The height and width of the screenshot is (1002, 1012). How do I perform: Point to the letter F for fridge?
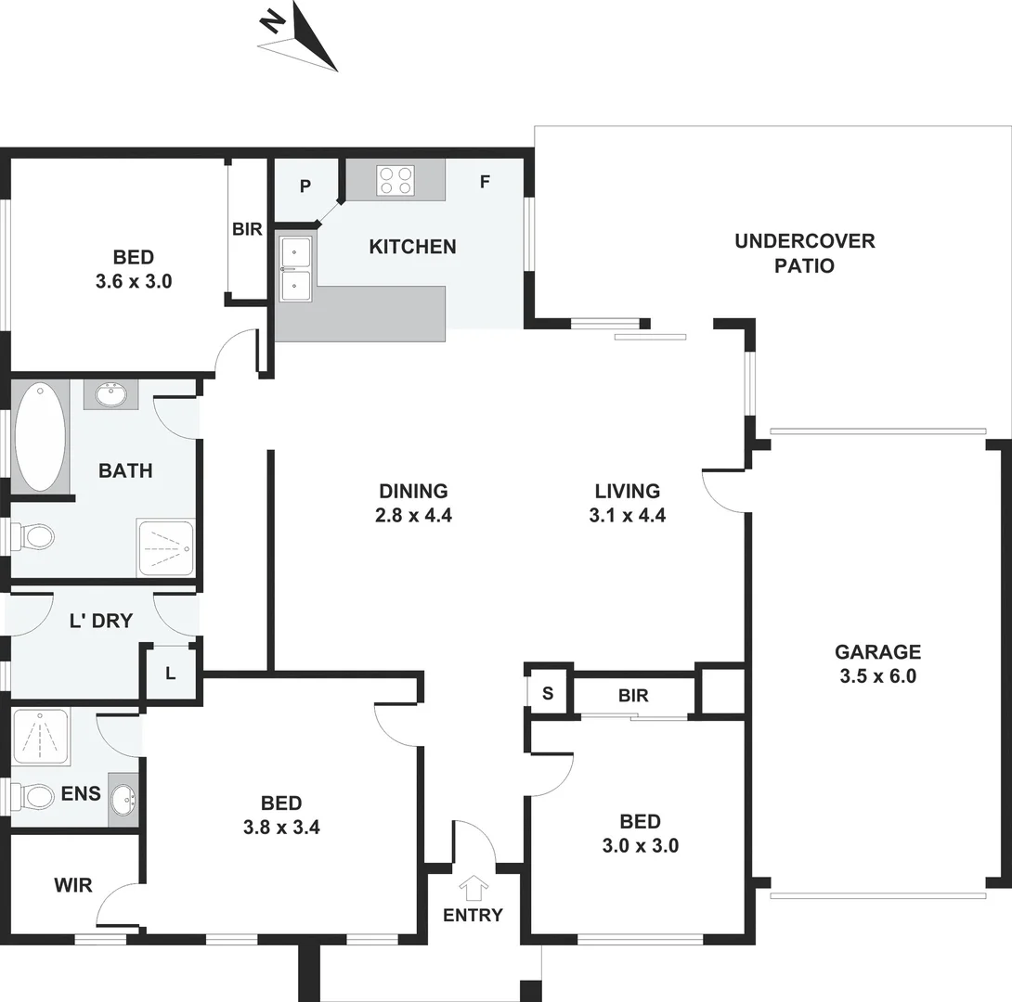tap(484, 182)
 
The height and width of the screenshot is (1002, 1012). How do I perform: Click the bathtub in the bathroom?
tap(40, 436)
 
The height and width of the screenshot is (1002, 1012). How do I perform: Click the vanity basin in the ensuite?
tap(123, 798)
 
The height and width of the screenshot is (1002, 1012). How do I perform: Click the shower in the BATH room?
tap(165, 548)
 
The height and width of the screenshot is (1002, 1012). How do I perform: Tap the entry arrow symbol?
tap(474, 888)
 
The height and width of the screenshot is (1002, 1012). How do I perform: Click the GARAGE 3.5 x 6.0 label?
tap(877, 663)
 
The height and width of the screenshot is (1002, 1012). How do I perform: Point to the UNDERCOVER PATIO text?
tap(804, 253)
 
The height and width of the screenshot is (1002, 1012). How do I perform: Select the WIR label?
tap(72, 885)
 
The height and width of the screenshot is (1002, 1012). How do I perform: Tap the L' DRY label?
tap(101, 622)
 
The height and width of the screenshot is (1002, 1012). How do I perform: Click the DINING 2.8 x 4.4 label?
tap(414, 502)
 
